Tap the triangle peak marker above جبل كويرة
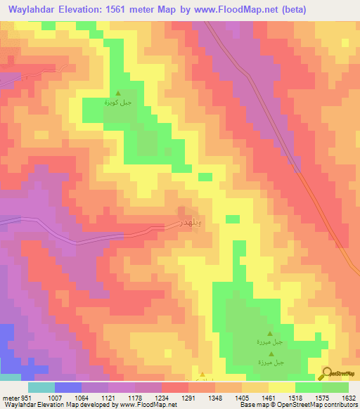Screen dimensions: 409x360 pyautogui.click(x=118, y=93)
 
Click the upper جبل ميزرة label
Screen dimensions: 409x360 pyautogui.click(x=269, y=342)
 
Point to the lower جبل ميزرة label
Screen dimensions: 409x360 pyautogui.click(x=269, y=363)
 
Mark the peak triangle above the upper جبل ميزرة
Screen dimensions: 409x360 pyautogui.click(x=269, y=334)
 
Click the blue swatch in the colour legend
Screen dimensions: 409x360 pyautogui.click(x=67, y=387)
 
